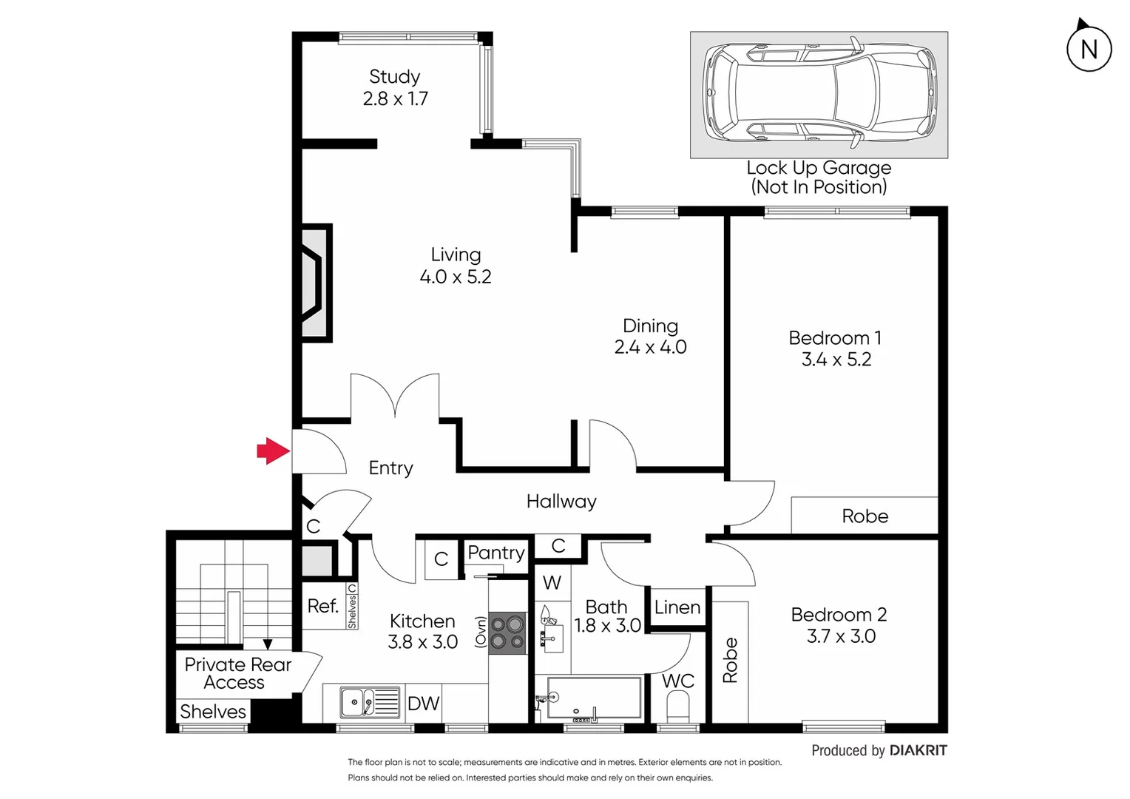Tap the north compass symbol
1089,49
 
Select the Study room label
394,77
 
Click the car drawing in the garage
819,94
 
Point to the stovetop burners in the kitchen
507,633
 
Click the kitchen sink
359,701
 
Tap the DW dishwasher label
423,704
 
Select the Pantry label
495,553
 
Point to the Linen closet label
677,607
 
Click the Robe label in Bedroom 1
865,516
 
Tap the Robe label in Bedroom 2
730,660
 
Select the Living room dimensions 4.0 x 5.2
456,277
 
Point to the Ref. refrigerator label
322,607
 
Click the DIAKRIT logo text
918,750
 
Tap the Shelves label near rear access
213,712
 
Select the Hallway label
561,502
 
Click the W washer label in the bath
552,583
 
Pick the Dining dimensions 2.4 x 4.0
650,347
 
